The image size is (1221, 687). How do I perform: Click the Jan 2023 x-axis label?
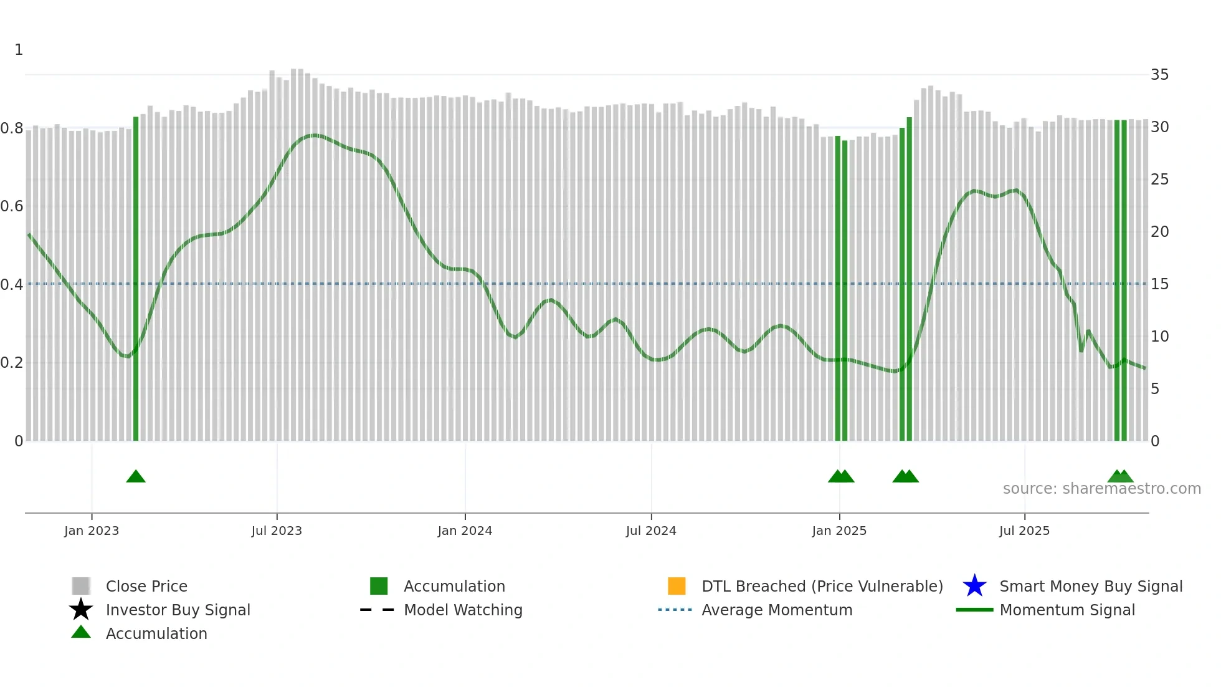pyautogui.click(x=92, y=531)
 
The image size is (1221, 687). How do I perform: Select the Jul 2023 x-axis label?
pyautogui.click(x=277, y=531)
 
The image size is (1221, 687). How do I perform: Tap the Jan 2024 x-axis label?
pyautogui.click(x=465, y=531)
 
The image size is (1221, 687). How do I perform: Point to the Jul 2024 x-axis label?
pyautogui.click(x=651, y=531)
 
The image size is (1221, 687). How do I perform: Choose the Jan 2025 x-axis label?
pyautogui.click(x=839, y=531)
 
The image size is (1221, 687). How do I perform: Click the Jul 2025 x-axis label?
pyautogui.click(x=1024, y=531)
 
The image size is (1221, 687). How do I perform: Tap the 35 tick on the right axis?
pyautogui.click(x=1159, y=75)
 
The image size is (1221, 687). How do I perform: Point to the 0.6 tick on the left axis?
pyautogui.click(x=12, y=206)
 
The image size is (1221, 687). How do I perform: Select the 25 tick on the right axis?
pyautogui.click(x=1159, y=180)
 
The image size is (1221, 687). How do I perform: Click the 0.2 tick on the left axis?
pyautogui.click(x=12, y=363)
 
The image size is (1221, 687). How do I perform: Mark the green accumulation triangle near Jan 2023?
pyautogui.click(x=136, y=477)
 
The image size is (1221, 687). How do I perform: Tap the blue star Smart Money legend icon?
pyautogui.click(x=974, y=586)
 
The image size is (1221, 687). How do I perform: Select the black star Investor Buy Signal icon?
pyautogui.click(x=81, y=610)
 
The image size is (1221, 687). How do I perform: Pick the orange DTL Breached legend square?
pyautogui.click(x=677, y=586)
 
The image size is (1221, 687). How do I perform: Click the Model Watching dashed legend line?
pyautogui.click(x=378, y=610)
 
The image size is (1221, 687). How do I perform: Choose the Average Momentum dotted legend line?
pyautogui.click(x=675, y=610)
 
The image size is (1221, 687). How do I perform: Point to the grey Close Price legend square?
pyautogui.click(x=81, y=586)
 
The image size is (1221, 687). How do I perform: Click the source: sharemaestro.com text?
pyautogui.click(x=1101, y=489)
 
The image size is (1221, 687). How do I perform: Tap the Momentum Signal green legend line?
pyautogui.click(x=974, y=610)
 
